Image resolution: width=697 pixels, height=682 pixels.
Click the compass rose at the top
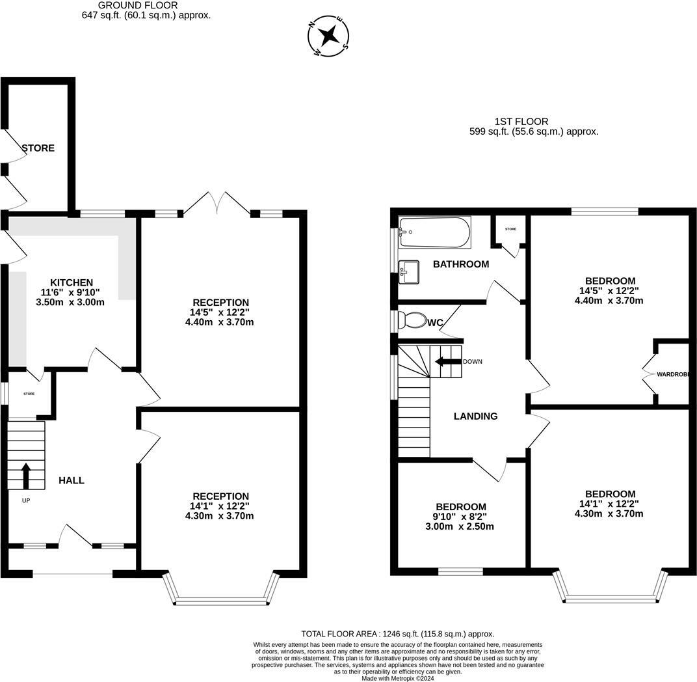click(328, 36)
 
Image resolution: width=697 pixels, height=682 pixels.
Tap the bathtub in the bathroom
click(434, 232)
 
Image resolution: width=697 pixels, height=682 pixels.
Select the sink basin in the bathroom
click(408, 272)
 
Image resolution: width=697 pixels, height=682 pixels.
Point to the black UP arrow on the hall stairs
click(26, 476)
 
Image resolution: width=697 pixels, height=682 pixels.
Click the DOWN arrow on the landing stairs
click(448, 361)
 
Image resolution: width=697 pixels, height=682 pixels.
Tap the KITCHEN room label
click(71, 282)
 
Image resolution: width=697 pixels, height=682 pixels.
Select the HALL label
click(71, 480)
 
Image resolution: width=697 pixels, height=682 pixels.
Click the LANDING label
click(476, 416)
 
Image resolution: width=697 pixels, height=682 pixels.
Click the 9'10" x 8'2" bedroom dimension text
click(461, 517)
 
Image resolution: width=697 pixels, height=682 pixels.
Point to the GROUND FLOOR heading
click(138, 5)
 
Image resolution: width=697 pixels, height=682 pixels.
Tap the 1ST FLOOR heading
click(521, 122)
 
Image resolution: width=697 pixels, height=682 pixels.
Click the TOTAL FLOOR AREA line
click(398, 634)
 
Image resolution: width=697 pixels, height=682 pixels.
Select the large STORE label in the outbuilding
click(38, 148)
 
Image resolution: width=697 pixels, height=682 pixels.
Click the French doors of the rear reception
click(217, 204)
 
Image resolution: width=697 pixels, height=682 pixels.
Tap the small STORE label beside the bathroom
click(511, 229)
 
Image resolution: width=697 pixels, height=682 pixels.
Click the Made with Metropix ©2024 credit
click(398, 679)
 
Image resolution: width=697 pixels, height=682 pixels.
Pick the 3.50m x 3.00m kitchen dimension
click(70, 303)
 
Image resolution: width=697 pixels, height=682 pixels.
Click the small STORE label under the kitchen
click(29, 394)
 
